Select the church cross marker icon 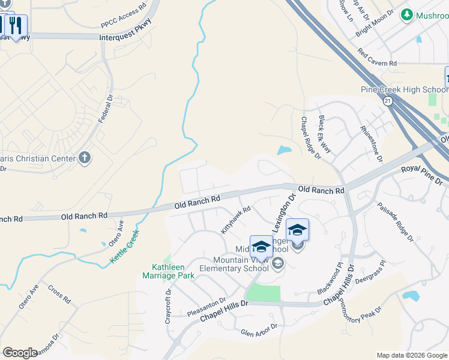pos(85,158)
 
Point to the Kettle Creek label pos(124,246)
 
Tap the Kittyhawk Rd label pos(235,220)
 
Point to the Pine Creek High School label pos(412,90)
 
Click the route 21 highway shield pos(388,101)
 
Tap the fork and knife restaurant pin pos(16,25)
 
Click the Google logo pos(20,353)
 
